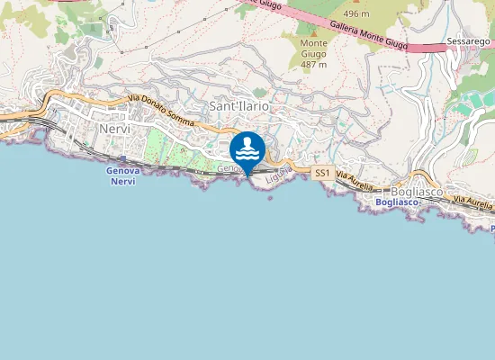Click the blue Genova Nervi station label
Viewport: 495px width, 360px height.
tap(121, 175)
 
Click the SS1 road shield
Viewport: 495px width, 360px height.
tap(323, 172)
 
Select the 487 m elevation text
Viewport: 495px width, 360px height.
tap(314, 64)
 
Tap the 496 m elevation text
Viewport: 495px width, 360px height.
tap(356, 14)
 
